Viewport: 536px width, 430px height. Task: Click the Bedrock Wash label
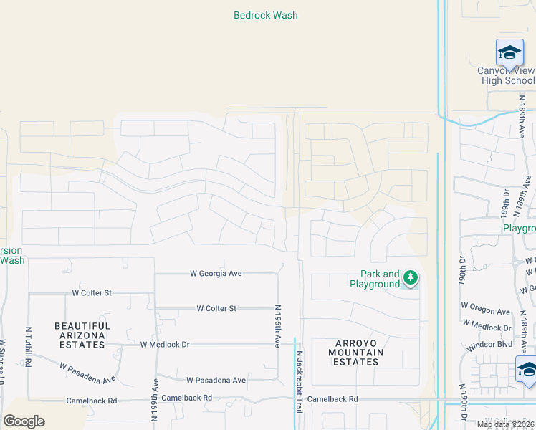click(265, 15)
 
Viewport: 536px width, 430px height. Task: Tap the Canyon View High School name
click(507, 75)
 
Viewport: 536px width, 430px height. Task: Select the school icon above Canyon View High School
click(509, 52)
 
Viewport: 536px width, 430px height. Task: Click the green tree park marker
click(410, 277)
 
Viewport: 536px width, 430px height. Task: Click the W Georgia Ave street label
click(216, 273)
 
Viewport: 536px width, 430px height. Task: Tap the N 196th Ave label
click(278, 326)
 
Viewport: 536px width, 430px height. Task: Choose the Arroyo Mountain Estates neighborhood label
click(356, 353)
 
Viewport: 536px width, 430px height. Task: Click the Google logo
click(24, 421)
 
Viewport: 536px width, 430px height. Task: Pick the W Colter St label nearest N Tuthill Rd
click(92, 292)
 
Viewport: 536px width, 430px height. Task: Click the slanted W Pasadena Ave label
click(87, 373)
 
